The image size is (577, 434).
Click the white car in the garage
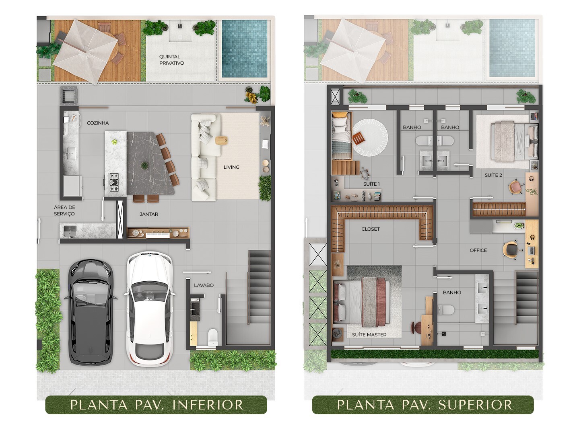click(x=150, y=309)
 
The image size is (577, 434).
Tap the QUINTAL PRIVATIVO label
click(x=171, y=59)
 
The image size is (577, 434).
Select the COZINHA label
click(x=97, y=123)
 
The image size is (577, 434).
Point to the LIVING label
click(x=231, y=167)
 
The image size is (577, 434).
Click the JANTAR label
click(x=149, y=214)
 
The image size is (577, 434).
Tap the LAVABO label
click(x=204, y=285)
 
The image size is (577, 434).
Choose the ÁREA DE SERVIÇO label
click(x=64, y=211)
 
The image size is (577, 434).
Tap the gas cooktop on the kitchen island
click(x=114, y=182)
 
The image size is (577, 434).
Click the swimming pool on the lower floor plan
click(x=245, y=49)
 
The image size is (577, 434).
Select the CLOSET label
click(x=371, y=229)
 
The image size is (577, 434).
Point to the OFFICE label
click(x=478, y=250)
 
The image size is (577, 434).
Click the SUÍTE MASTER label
click(x=369, y=335)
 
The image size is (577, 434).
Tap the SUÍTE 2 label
click(x=493, y=175)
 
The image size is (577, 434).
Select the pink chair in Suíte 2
click(x=515, y=186)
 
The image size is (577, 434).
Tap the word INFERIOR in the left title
click(x=208, y=405)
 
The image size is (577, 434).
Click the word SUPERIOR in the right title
click(x=475, y=405)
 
